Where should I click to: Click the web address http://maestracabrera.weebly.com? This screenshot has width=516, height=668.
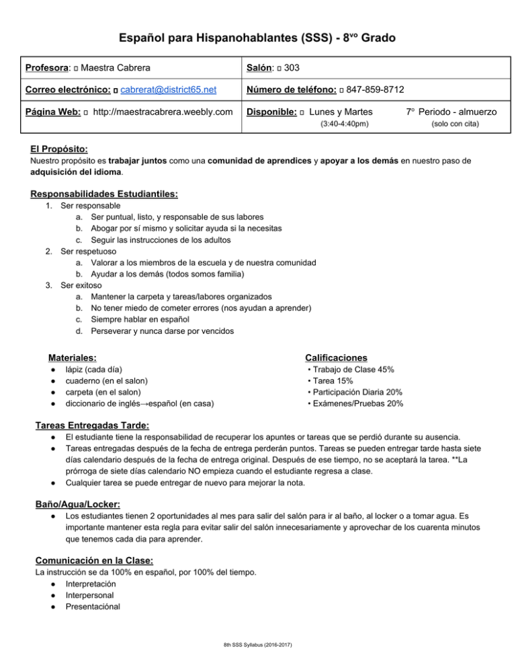[163, 110]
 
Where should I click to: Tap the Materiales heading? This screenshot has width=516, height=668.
[72, 358]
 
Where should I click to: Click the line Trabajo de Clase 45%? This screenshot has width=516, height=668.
[350, 370]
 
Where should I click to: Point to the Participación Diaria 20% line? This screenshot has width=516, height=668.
[355, 392]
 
